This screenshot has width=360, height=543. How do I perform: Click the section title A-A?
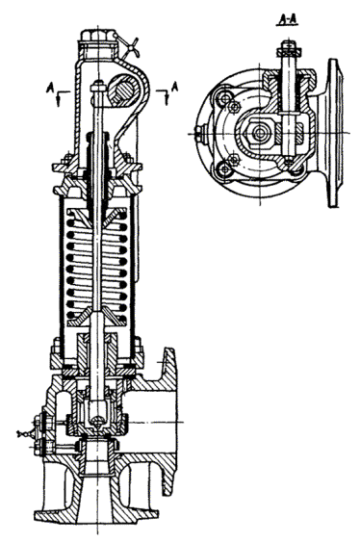pyautogui.click(x=287, y=21)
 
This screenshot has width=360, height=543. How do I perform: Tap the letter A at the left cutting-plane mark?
pyautogui.click(x=49, y=88)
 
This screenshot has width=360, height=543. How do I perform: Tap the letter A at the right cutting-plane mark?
pyautogui.click(x=175, y=87)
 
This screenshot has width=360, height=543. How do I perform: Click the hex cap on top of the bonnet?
pyautogui.click(x=98, y=36)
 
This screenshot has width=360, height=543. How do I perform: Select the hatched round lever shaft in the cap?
pyautogui.click(x=124, y=90)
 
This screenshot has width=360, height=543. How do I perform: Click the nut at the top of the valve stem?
pyautogui.click(x=98, y=86)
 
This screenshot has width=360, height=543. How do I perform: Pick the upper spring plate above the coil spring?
pyautogui.click(x=96, y=215)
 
